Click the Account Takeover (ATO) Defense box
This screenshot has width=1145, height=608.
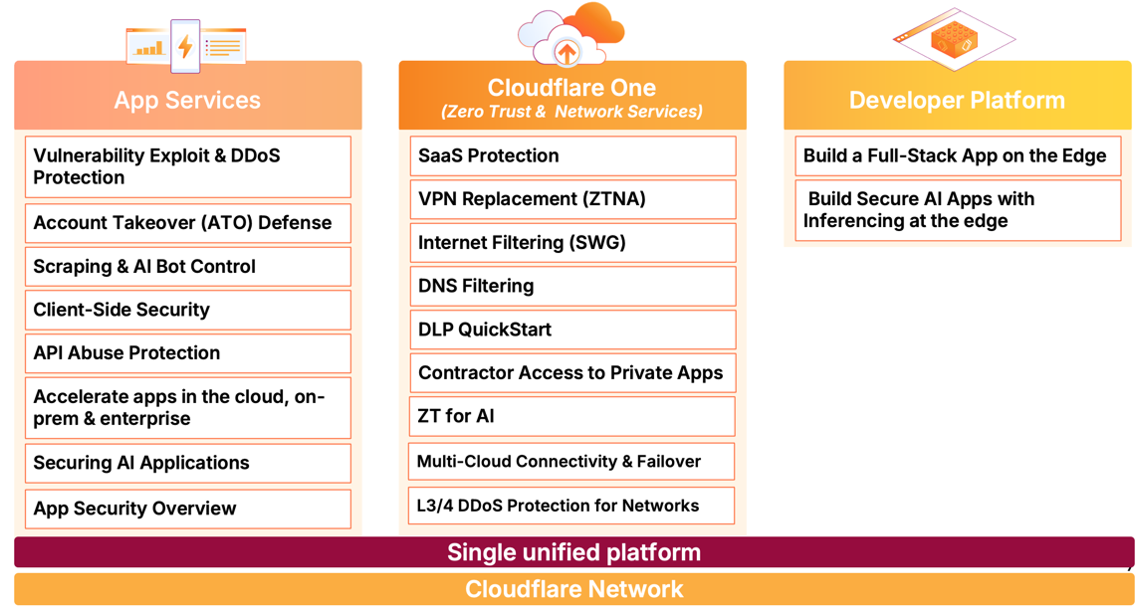[x=188, y=223]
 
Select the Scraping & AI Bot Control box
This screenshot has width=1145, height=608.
[x=188, y=266]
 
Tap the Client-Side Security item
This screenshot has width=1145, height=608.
[x=188, y=310]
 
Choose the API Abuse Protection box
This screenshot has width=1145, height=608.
[x=188, y=353]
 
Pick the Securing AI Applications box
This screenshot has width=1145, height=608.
[x=188, y=463]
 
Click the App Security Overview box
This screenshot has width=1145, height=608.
[x=188, y=509]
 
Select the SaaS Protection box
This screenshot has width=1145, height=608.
[x=573, y=156]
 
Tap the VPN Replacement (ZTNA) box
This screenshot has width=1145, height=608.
[x=573, y=200]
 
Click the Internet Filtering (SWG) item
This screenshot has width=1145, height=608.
[x=573, y=243]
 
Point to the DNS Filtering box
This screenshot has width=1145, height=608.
[x=573, y=286]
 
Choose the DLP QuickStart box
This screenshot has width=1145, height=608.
[x=573, y=329]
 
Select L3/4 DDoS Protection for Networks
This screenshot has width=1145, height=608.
[x=572, y=506]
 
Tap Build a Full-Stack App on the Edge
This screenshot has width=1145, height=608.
[x=958, y=156]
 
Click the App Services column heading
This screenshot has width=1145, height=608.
[x=187, y=100]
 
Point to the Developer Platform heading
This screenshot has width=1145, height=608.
[x=957, y=100]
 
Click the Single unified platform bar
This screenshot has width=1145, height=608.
[x=574, y=552]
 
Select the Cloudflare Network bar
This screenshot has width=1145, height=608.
[x=574, y=590]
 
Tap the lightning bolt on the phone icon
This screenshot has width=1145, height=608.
[x=185, y=46]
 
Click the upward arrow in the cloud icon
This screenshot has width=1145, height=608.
[x=567, y=53]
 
